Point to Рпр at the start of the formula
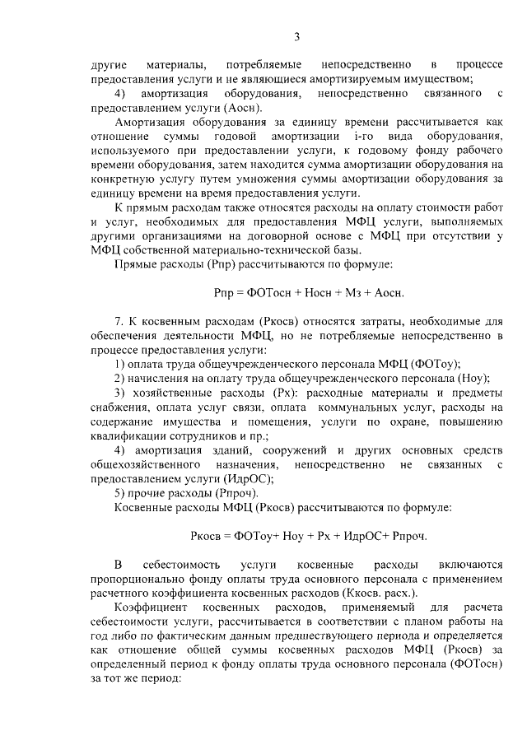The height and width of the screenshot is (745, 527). click(223, 292)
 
